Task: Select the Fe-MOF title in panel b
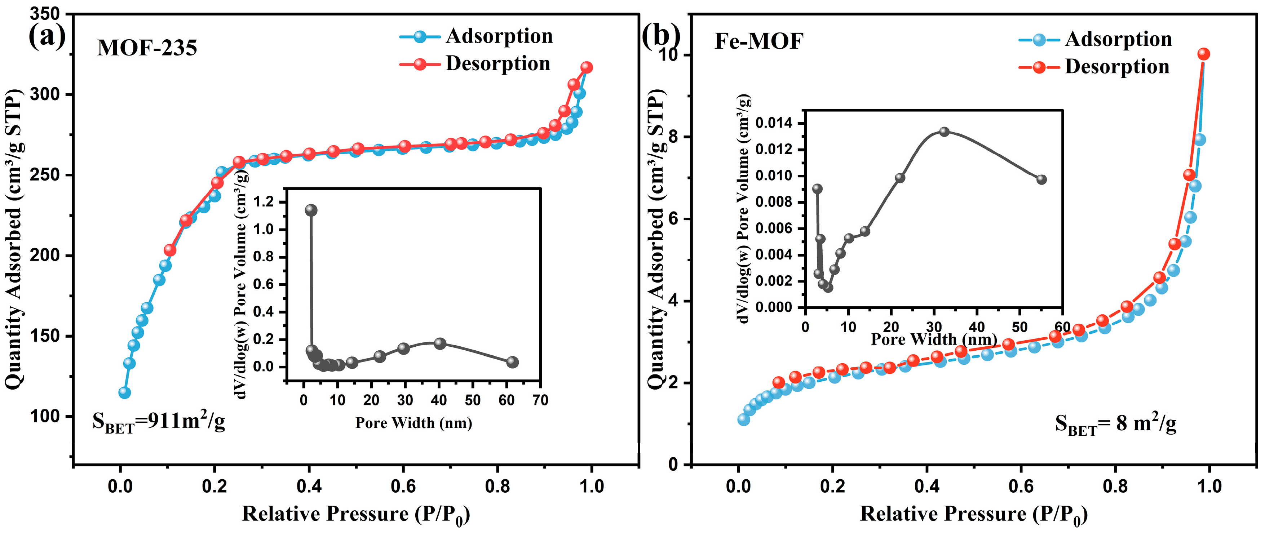pyautogui.click(x=759, y=41)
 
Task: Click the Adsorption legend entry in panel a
pyautogui.click(x=499, y=36)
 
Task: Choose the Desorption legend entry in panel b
pyautogui.click(x=1117, y=67)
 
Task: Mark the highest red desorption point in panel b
pyautogui.click(x=1203, y=54)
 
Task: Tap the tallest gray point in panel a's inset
pyautogui.click(x=311, y=210)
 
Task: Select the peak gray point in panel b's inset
pyautogui.click(x=944, y=132)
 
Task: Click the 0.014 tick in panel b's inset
pyautogui.click(x=773, y=123)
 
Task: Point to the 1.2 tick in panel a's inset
pyautogui.click(x=265, y=202)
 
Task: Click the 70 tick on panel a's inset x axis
pyautogui.click(x=540, y=400)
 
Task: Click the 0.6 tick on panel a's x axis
pyautogui.click(x=403, y=487)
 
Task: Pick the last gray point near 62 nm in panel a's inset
pyautogui.click(x=512, y=362)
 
